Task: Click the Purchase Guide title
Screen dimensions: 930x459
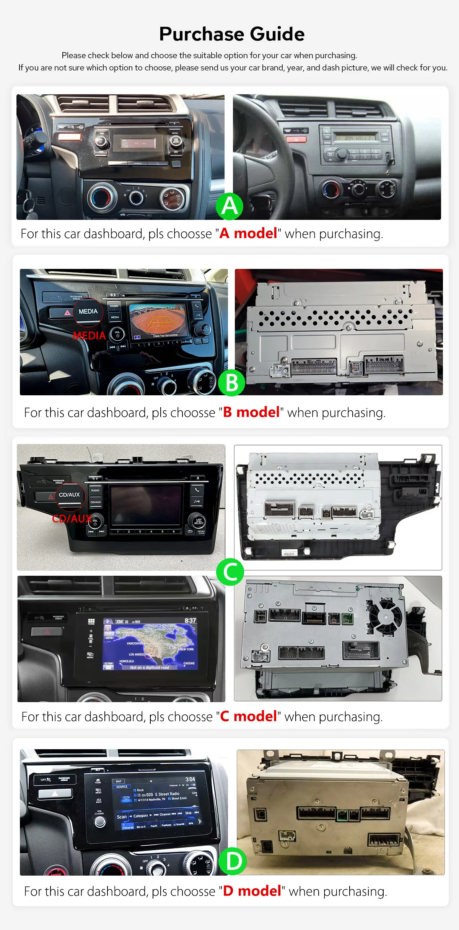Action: tap(232, 34)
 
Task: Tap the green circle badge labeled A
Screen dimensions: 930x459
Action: tap(229, 206)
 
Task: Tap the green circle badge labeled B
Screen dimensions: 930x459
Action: tap(232, 382)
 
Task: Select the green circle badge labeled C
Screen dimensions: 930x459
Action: tap(230, 572)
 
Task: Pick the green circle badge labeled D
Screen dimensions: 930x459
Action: tap(233, 861)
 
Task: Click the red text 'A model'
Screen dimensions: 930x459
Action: tap(248, 233)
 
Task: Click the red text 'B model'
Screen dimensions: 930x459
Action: tap(251, 412)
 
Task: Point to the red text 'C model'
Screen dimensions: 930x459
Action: tap(248, 716)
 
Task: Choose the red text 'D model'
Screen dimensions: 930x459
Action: tap(252, 891)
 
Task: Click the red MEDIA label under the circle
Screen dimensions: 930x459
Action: tap(89, 336)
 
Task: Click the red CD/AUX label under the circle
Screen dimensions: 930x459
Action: tap(72, 519)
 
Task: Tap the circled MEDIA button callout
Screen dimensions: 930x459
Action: tap(88, 311)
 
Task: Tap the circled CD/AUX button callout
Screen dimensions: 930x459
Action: tap(69, 495)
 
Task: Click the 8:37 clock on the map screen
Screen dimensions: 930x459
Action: tap(190, 621)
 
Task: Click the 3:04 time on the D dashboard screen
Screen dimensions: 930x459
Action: tap(190, 779)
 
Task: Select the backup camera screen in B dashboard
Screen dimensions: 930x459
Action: tap(158, 321)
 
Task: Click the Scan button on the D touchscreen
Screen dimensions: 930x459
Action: tap(122, 817)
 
